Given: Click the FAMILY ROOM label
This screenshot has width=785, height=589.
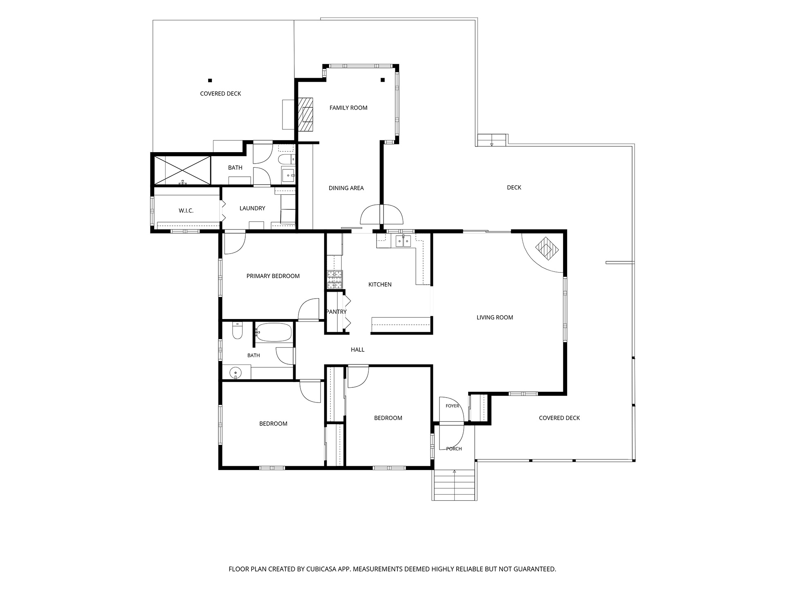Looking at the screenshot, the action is click(348, 108).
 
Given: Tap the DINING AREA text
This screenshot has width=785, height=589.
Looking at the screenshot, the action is click(346, 188).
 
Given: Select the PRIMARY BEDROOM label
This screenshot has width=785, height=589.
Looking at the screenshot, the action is click(273, 276).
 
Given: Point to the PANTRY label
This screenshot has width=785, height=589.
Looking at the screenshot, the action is click(336, 312).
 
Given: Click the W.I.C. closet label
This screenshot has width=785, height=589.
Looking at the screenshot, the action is click(186, 211).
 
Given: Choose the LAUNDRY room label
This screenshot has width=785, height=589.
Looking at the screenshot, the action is click(252, 208).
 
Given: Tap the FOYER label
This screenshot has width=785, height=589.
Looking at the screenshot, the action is click(453, 406).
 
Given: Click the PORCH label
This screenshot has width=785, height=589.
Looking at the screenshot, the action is click(454, 449).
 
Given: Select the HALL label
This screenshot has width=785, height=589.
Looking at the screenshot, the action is click(358, 350).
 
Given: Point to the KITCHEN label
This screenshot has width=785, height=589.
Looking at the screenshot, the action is click(380, 285).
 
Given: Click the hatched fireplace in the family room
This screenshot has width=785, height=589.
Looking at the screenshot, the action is click(305, 114).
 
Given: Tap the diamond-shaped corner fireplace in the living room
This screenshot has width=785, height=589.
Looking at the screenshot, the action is click(547, 249).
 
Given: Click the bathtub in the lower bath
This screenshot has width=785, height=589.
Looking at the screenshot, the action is click(274, 333).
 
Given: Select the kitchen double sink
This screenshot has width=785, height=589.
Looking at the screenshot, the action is click(404, 241).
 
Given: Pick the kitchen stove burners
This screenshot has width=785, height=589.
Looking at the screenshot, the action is click(334, 280).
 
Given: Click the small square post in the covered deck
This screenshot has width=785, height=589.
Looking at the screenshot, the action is click(210, 81).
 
